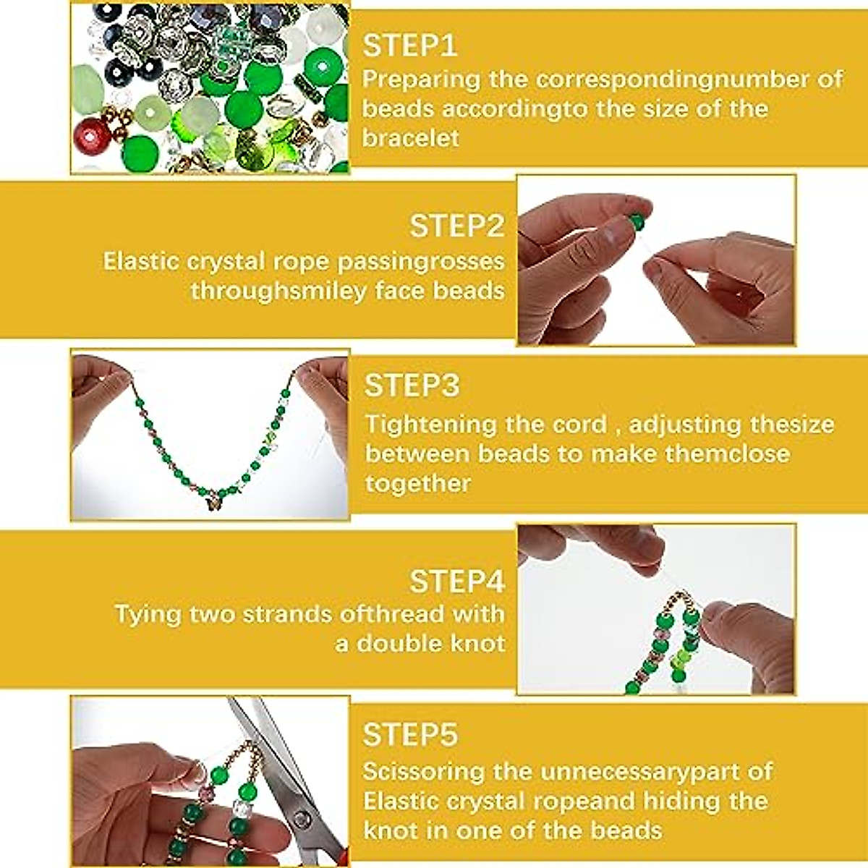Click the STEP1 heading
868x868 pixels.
(409, 46)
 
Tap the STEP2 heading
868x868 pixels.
(456, 226)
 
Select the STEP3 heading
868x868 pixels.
(411, 386)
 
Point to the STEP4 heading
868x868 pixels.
(456, 581)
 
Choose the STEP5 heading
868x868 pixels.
(409, 734)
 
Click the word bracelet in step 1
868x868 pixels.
(410, 137)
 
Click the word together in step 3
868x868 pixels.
(417, 482)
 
